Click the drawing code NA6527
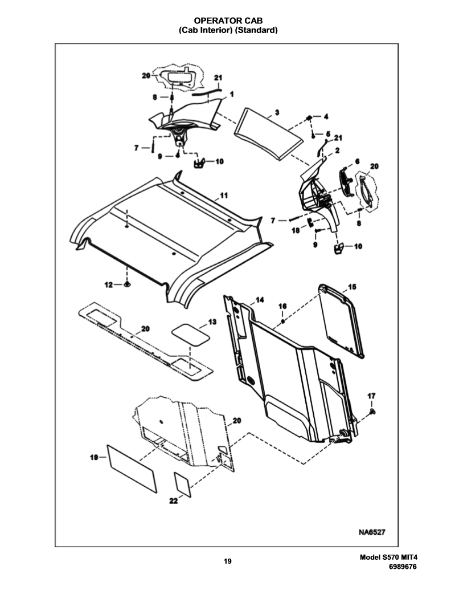[371, 532]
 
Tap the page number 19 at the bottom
[228, 561]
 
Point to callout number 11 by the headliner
[223, 196]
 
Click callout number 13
[212, 322]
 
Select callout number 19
[94, 457]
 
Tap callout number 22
[173, 501]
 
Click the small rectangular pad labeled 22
[182, 485]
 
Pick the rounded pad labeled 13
[190, 334]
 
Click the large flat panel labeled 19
[132, 469]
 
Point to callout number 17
[371, 396]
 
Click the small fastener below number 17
[372, 411]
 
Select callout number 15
[352, 287]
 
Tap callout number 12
[108, 285]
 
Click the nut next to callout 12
[127, 284]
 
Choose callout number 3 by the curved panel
[277, 112]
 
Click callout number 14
[260, 300]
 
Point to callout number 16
[282, 306]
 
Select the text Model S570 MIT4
[389, 558]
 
